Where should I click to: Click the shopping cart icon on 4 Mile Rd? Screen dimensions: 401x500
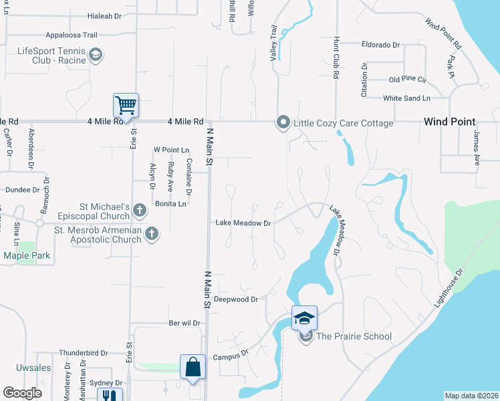(125, 104)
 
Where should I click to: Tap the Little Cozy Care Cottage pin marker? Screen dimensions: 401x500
(283, 122)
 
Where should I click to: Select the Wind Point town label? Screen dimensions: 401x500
(449, 122)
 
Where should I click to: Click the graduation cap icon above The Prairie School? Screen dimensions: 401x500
(303, 317)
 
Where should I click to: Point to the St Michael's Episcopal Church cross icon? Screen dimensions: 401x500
(140, 210)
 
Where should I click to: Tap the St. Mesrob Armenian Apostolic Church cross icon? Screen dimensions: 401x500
(152, 233)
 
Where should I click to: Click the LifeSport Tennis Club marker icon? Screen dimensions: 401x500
(96, 54)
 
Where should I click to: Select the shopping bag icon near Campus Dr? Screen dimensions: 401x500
(193, 367)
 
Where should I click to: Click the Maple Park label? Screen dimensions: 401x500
(27, 255)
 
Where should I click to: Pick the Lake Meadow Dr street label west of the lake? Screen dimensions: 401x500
(243, 223)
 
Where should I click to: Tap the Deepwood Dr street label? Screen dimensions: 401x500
(235, 299)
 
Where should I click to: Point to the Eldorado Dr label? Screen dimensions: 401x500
(380, 45)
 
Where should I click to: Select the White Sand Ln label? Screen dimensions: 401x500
(406, 98)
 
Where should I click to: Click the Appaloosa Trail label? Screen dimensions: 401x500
(72, 35)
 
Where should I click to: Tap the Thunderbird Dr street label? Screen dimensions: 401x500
(84, 352)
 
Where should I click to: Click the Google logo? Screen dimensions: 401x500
(22, 392)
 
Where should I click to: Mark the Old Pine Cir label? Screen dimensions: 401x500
(407, 80)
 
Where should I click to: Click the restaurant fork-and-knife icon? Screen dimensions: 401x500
(107, 394)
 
